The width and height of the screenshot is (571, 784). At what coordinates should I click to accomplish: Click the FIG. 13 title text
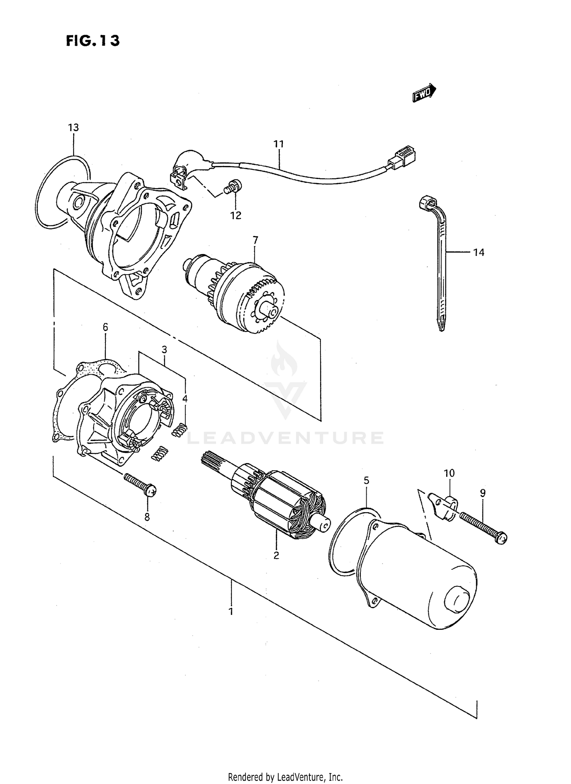click(93, 41)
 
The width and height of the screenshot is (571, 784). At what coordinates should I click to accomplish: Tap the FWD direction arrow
click(424, 93)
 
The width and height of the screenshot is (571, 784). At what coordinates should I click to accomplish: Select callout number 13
click(73, 128)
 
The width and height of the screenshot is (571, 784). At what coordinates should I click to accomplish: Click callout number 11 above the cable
click(278, 144)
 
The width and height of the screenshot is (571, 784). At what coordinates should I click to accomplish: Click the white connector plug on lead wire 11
click(404, 156)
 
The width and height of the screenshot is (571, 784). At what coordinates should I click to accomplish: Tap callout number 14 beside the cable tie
click(478, 252)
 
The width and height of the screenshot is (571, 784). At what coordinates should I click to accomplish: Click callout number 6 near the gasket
click(105, 327)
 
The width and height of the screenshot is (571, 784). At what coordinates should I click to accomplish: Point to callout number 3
click(164, 349)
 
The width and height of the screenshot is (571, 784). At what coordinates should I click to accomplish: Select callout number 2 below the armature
click(276, 555)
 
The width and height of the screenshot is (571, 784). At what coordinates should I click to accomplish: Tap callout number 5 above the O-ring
click(366, 481)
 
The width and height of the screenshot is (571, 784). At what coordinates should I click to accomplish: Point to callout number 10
click(449, 473)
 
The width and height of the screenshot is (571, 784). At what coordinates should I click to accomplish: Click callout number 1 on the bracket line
click(231, 612)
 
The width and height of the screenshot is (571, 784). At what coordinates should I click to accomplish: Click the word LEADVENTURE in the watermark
click(285, 438)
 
